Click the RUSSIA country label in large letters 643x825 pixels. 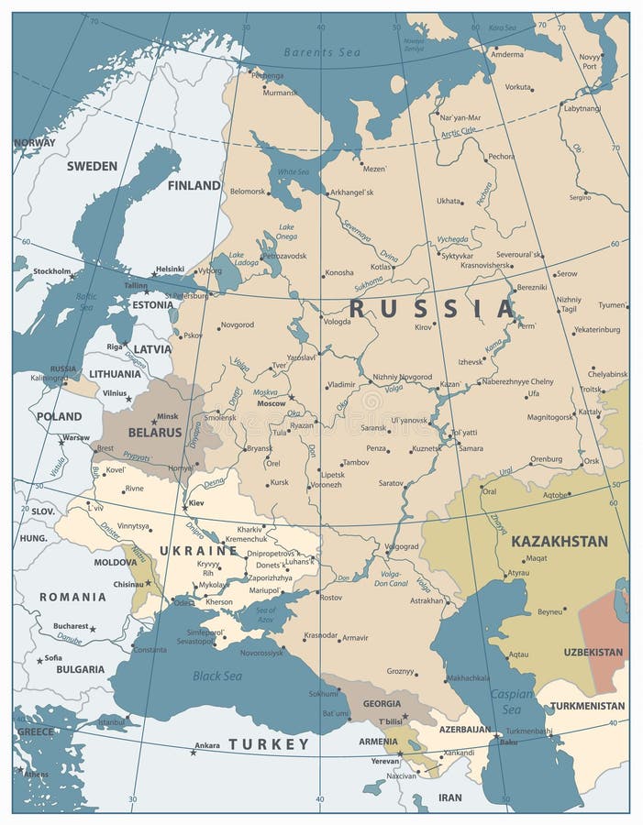433,308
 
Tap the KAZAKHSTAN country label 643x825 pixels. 559,541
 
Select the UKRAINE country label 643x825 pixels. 198,550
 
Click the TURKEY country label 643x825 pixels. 269,743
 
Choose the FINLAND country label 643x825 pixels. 194,185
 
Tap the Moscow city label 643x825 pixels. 271,403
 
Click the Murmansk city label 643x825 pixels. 280,93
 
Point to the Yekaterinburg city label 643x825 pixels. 596,329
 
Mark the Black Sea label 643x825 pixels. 217,676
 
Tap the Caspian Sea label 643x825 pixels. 511,701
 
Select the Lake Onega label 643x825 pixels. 286,231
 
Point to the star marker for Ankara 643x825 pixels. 193,752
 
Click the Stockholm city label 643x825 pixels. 52,271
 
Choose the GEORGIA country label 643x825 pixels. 382,703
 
